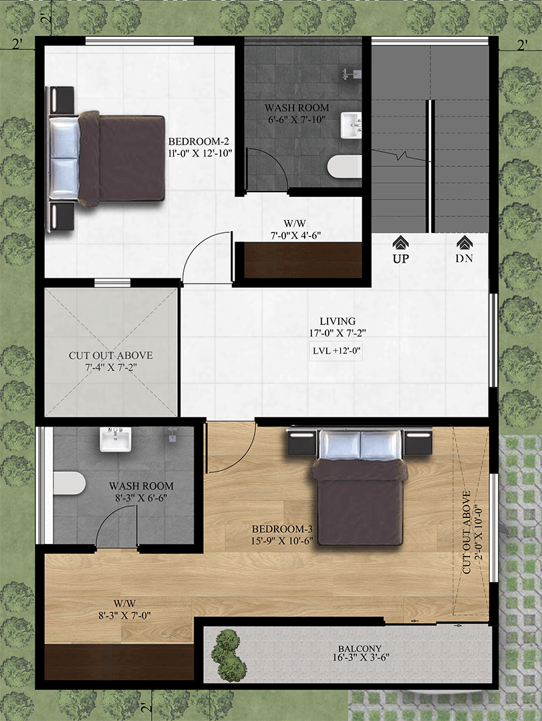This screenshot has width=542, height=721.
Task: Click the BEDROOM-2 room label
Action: [x=198, y=141]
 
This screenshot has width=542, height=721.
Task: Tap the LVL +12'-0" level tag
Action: [x=336, y=351]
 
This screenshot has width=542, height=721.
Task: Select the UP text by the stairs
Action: [x=400, y=258]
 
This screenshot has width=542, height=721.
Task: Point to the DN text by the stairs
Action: [x=464, y=258]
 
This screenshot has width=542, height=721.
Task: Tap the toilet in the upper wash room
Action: [x=345, y=166]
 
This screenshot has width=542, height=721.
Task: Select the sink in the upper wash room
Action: [x=351, y=125]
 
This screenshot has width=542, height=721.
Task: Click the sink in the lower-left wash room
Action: [x=116, y=439]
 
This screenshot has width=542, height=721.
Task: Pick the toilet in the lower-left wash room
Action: [x=70, y=483]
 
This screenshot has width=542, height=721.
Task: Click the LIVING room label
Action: [x=338, y=321]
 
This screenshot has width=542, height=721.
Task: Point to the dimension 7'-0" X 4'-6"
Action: [x=295, y=236]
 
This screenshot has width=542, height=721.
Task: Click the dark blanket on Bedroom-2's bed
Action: [x=121, y=158]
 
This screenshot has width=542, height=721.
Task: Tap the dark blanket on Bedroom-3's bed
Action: [x=360, y=502]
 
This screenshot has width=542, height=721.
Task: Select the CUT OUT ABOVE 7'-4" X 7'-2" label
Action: [x=110, y=361]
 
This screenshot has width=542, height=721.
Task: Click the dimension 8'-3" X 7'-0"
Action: [x=125, y=616]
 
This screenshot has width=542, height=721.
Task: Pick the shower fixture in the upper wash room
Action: [x=351, y=73]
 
